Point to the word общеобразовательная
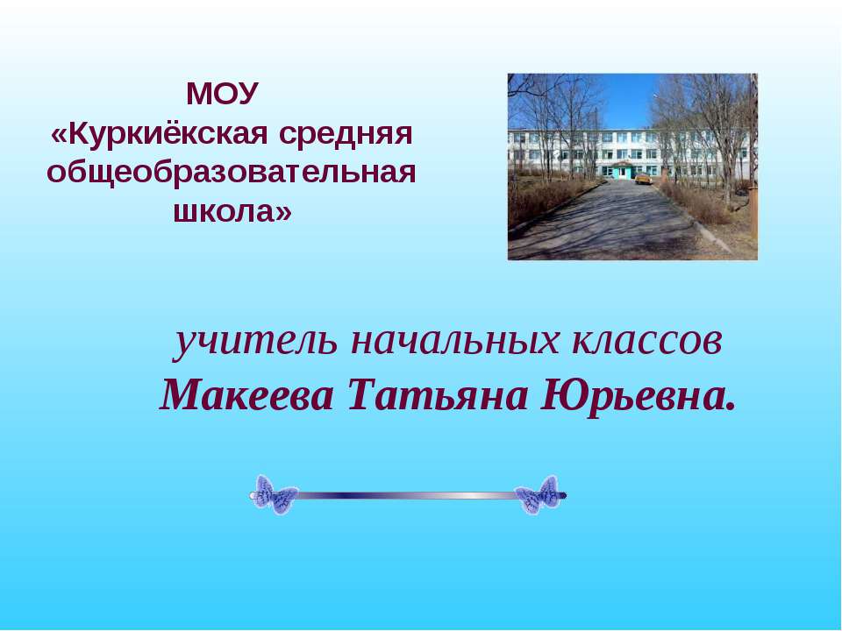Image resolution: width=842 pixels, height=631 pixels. (x=231, y=172)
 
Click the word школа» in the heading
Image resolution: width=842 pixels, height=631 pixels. (x=231, y=211)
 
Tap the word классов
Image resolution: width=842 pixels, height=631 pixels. (x=648, y=342)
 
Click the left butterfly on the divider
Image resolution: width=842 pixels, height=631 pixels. (x=275, y=495)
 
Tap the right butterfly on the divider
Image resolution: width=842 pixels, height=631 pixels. (x=537, y=495)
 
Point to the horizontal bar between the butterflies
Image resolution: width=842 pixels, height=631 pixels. (x=405, y=496)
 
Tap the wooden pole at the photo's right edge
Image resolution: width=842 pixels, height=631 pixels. (x=753, y=140)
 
